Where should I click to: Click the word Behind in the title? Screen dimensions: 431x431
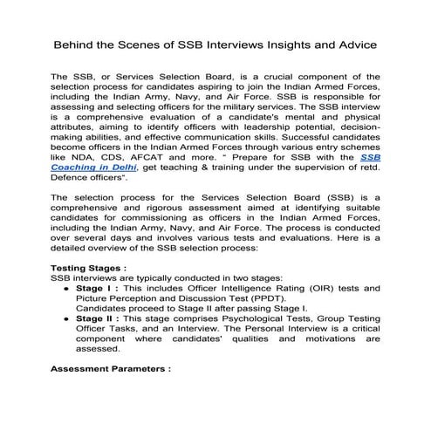[x=76, y=43]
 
